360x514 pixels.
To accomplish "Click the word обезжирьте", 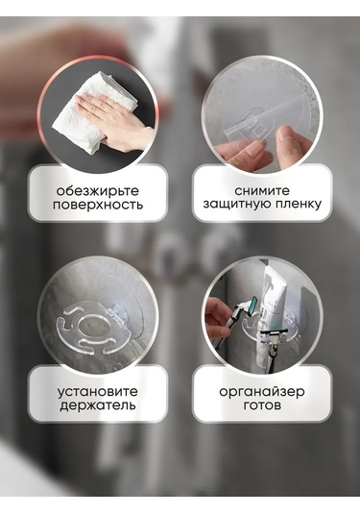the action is (98, 191).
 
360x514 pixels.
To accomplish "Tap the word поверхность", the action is (98, 205).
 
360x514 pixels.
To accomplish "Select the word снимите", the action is (262, 190).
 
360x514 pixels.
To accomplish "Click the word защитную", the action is (236, 205).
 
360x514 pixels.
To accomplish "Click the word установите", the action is (98, 392).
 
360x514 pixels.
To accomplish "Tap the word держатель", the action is (98, 405).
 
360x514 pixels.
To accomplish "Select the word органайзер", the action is (262, 392).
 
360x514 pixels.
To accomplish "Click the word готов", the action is (262, 405).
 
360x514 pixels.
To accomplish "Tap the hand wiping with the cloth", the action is (114, 121).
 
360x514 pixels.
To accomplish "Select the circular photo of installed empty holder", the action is (98, 317).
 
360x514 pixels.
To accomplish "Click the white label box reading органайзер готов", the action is (262, 394).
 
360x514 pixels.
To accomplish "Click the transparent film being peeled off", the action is (259, 121).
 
